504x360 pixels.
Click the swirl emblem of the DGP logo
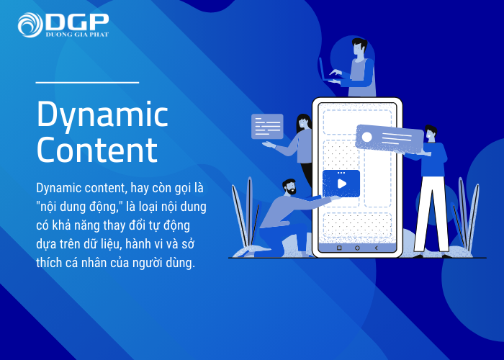coord(30,25)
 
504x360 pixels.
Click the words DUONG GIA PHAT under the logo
coord(77,35)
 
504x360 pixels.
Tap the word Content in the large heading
coord(97,150)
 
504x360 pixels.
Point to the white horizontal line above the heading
coord(87,83)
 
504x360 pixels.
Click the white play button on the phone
coord(342,184)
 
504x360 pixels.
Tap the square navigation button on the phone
coord(339,248)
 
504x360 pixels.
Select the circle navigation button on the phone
coord(357,248)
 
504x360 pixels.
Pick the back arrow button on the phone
coord(376,248)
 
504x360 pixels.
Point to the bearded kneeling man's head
coord(289,187)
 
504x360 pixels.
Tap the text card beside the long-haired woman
coord(267,126)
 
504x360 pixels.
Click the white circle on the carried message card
coord(366,137)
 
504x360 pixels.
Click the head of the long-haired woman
coord(303,122)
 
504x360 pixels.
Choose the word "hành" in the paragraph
coord(138,243)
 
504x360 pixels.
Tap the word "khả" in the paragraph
coord(60,225)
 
